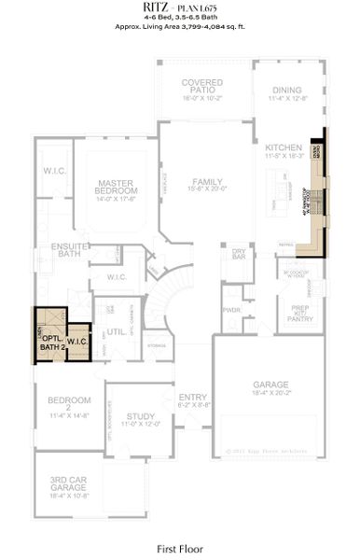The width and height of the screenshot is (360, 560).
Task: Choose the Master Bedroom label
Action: [x=116, y=186]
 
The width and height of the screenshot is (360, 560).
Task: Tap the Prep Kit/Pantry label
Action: [x=301, y=314]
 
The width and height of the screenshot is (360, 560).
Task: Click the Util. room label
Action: [x=117, y=331]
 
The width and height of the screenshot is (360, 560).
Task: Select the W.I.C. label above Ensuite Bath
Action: [x=52, y=171]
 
